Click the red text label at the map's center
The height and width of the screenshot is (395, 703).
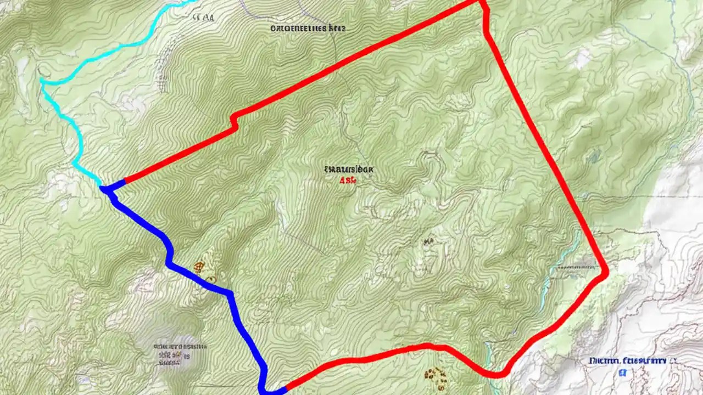348,179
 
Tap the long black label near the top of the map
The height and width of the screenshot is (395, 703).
308,27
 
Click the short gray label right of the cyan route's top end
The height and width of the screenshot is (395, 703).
204,17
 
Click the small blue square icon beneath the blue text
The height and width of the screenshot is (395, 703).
623,373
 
